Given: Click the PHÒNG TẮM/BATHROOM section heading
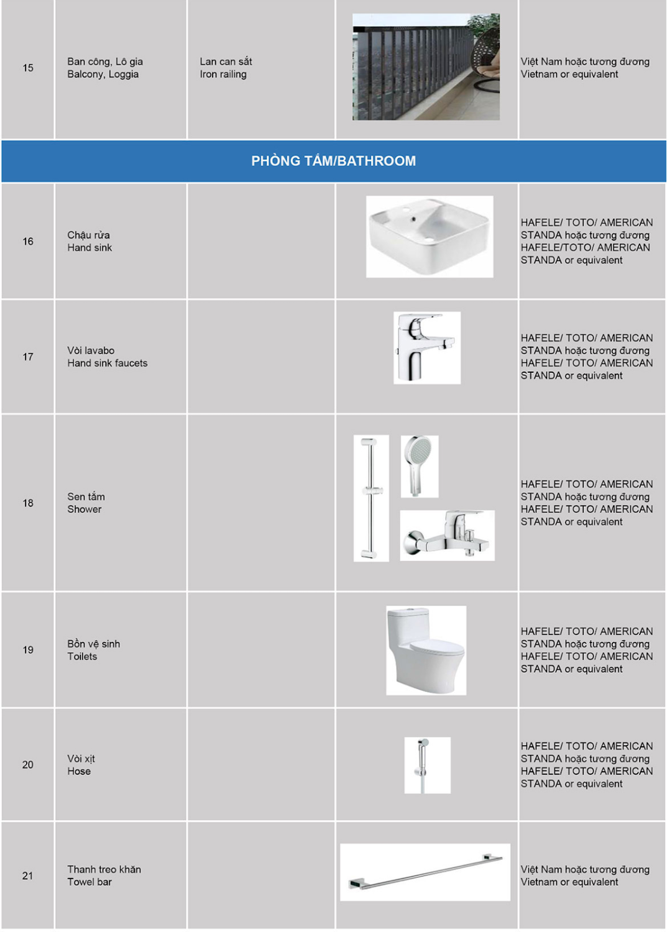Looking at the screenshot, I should pyautogui.click(x=333, y=161).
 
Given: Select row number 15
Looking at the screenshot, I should pyautogui.click(x=28, y=68).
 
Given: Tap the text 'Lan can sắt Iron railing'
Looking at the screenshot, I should pyautogui.click(x=226, y=68).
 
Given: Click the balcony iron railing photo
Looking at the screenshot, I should pyautogui.click(x=426, y=66).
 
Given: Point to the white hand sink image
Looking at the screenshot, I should pyautogui.click(x=430, y=236).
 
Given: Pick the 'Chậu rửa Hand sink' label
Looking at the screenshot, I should pyautogui.click(x=90, y=241).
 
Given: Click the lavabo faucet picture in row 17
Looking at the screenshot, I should pyautogui.click(x=427, y=348).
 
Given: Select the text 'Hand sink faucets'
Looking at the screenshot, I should pyautogui.click(x=108, y=363).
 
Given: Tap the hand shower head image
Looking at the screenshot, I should pyautogui.click(x=420, y=466).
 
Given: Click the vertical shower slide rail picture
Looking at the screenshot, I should pyautogui.click(x=371, y=498).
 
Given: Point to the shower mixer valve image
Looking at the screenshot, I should pyautogui.click(x=447, y=536).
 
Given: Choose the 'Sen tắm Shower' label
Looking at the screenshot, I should pyautogui.click(x=86, y=503).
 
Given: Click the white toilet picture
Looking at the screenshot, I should pyautogui.click(x=426, y=650).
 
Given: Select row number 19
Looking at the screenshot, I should pyautogui.click(x=28, y=650).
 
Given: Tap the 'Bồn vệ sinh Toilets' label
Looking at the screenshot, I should pyautogui.click(x=93, y=650).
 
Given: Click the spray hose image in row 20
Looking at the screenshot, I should pyautogui.click(x=427, y=765).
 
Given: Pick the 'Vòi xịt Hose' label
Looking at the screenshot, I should pyautogui.click(x=81, y=765).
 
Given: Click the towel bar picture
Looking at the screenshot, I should pyautogui.click(x=425, y=872).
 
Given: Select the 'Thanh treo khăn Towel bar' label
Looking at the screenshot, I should pyautogui.click(x=104, y=875).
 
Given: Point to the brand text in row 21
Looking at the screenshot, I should pyautogui.click(x=585, y=875).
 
